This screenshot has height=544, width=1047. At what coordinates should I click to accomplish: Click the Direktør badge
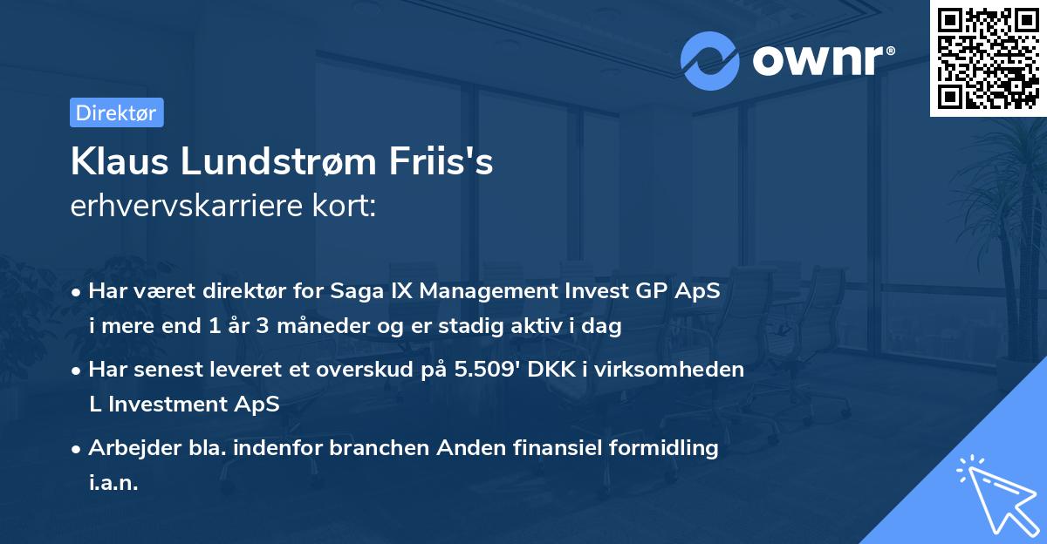coord(116,112)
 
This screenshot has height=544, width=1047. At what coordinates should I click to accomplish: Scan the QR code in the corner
coord(988,58)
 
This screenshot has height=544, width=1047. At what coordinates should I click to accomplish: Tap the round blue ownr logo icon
coord(709,61)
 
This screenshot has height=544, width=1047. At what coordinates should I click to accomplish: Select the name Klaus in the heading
coord(113,162)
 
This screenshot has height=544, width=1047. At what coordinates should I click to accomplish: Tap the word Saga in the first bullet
coord(356,292)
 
